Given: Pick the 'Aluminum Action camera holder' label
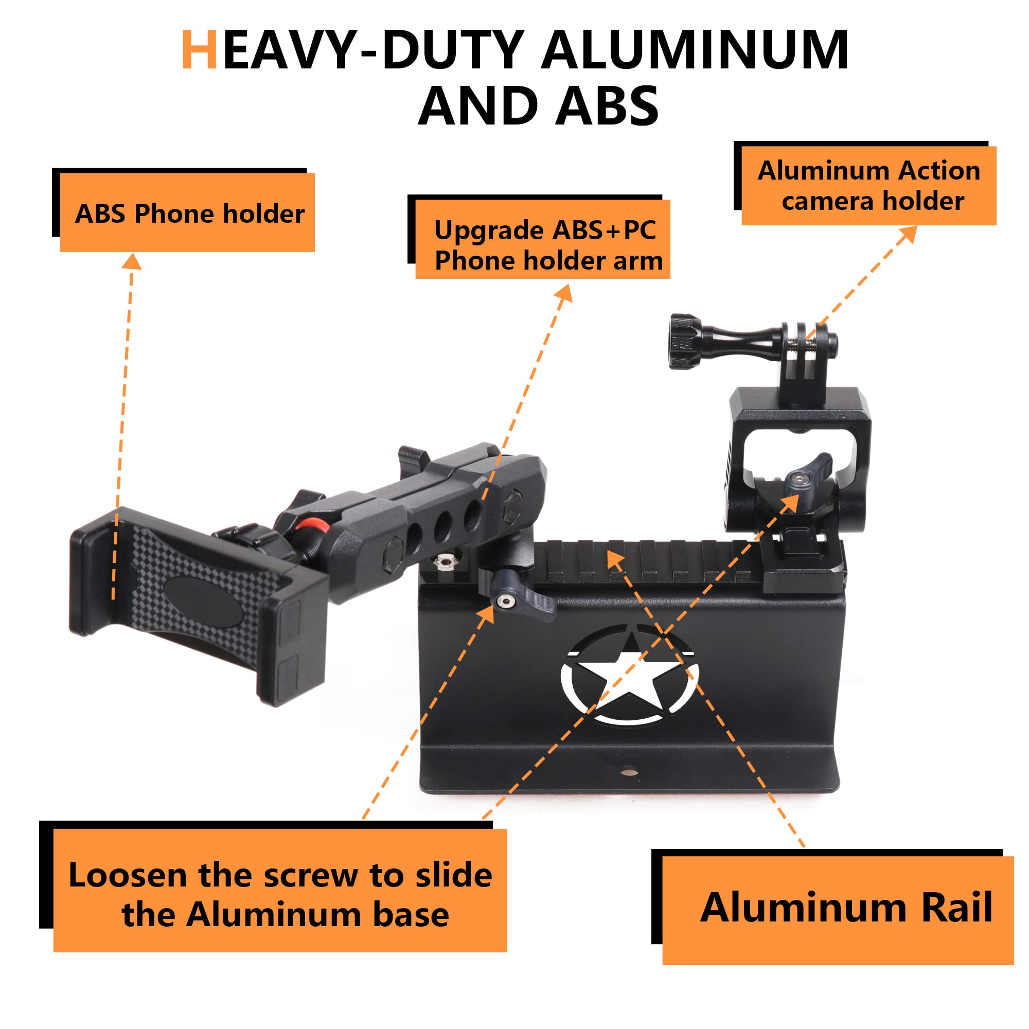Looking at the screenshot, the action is (868, 185).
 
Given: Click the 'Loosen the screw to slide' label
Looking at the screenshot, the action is (280, 875).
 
